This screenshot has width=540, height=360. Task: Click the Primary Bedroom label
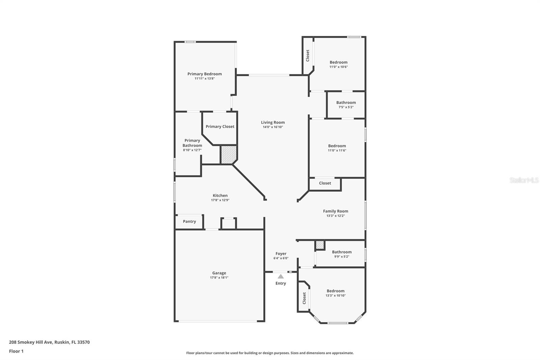(x=205, y=74)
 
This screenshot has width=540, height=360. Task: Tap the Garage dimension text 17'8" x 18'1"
(x=219, y=278)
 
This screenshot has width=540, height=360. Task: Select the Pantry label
(x=189, y=222)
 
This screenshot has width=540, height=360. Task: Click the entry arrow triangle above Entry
(x=280, y=276)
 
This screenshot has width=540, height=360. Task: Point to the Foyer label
(x=281, y=254)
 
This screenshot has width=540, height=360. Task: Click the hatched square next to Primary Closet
(x=229, y=154)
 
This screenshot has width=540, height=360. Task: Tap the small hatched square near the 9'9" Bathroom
(x=320, y=245)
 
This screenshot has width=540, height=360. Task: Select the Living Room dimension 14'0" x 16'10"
(x=273, y=127)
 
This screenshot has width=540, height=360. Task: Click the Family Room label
(x=335, y=211)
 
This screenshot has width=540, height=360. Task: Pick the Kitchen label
(x=220, y=196)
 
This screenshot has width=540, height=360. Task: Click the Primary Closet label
(x=220, y=127)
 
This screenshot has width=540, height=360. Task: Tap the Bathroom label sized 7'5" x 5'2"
(x=346, y=103)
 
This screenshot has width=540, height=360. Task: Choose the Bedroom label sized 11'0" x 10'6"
(x=339, y=62)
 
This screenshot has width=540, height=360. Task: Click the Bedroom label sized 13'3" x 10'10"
(x=335, y=291)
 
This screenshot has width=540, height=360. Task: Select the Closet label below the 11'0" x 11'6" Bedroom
(x=325, y=183)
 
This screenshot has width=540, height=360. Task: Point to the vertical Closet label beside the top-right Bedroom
(x=307, y=55)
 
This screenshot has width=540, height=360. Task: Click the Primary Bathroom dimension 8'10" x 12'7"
(x=192, y=150)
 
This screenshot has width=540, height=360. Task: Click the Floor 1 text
(x=16, y=351)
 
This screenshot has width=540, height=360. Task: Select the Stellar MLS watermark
(x=524, y=180)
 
